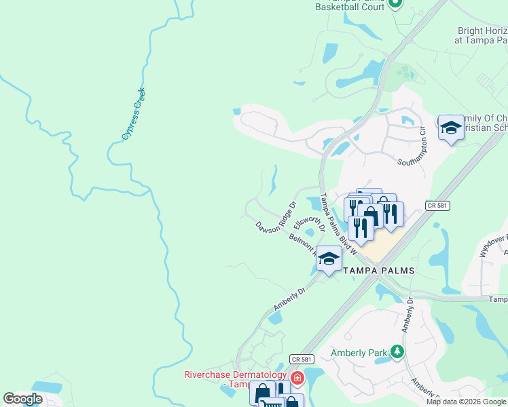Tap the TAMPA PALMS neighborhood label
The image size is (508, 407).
(x=378, y=270)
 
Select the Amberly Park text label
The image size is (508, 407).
(x=359, y=353)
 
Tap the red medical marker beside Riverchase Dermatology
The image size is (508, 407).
(x=296, y=377)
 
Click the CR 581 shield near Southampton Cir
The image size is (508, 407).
(x=437, y=205)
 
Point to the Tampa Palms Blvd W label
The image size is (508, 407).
(x=338, y=223)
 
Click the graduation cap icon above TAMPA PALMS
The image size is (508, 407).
(x=329, y=258)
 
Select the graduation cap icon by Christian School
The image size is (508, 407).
(x=450, y=128)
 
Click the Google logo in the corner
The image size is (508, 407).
(x=23, y=399)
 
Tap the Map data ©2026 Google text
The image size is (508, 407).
(x=466, y=402)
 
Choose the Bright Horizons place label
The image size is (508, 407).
(x=481, y=35)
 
